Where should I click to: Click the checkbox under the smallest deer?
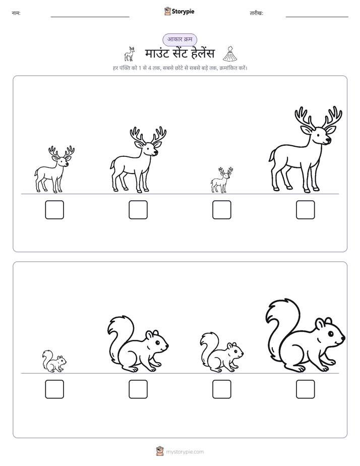click(221, 210)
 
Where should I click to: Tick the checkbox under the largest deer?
click(306, 210)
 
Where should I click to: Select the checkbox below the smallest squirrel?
click(54, 389)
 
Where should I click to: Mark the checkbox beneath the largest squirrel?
click(306, 389)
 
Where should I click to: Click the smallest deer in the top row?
click(221, 181)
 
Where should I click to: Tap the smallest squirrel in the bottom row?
click(54, 361)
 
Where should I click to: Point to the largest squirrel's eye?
click(330, 334)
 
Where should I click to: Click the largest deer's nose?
click(328, 140)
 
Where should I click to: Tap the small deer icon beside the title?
click(130, 54)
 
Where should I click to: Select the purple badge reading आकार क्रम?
click(179, 39)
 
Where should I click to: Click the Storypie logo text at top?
click(183, 12)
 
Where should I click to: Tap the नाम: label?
click(16, 13)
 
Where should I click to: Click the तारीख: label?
click(256, 13)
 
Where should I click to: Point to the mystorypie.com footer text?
click(185, 452)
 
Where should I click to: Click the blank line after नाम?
click(90, 17)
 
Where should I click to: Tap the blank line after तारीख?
click(317, 17)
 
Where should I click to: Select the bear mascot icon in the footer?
click(160, 451)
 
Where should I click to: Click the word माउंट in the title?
click(157, 54)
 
